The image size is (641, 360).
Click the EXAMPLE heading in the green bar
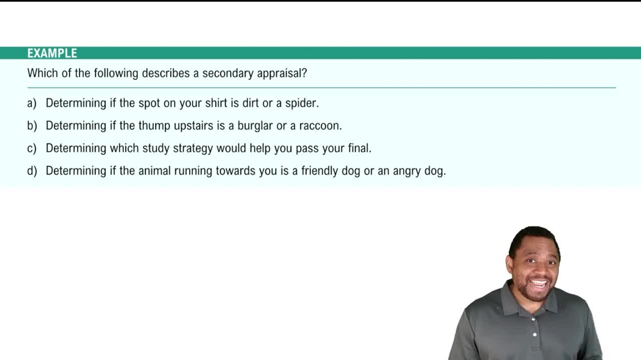52,53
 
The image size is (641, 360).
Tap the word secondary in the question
228,73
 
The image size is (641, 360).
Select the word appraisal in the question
281,73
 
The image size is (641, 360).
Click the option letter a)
32,103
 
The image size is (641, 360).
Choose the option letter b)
32,126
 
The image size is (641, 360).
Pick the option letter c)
32,149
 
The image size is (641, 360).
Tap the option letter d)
32,171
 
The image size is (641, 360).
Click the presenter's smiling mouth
537,282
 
